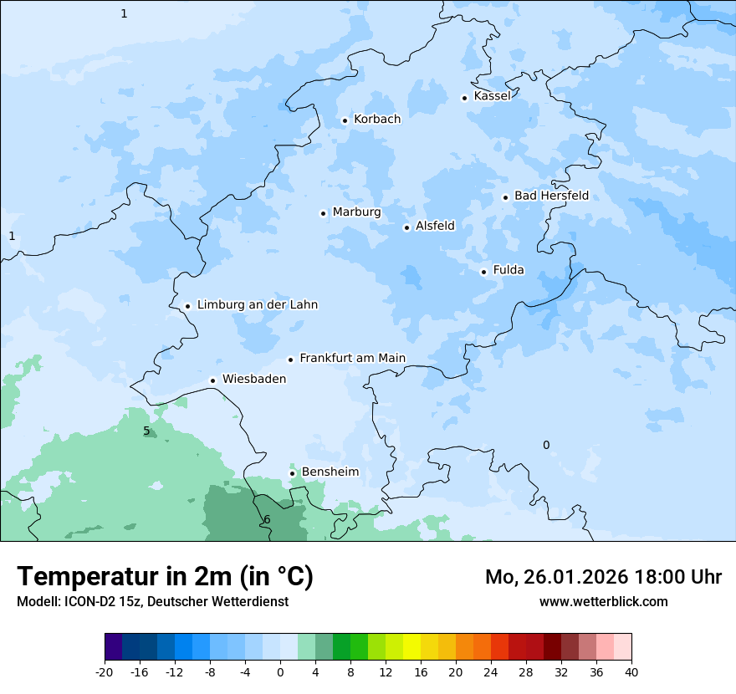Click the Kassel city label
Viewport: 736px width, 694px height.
492,96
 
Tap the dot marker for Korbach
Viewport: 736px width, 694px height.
345,120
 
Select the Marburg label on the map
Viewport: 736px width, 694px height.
356,212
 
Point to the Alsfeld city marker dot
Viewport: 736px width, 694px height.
407,227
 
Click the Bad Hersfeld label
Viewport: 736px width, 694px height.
551,196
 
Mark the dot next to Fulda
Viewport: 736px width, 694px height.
483,272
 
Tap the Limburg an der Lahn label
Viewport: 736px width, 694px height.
257,305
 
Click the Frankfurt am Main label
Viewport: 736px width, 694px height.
352,358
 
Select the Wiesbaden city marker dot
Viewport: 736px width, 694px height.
213,380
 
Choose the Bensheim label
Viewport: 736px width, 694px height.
330,472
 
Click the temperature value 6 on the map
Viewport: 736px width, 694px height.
267,520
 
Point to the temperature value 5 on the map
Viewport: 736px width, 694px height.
146,431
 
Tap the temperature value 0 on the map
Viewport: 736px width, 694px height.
546,445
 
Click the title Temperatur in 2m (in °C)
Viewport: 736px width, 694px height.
165,577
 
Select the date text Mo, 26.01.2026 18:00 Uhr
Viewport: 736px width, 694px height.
603,577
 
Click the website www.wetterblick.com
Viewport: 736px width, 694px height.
603,601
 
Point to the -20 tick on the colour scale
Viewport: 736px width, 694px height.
105,671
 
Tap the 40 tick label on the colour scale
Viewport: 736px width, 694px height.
631,671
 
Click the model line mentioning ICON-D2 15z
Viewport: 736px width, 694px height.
152,601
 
